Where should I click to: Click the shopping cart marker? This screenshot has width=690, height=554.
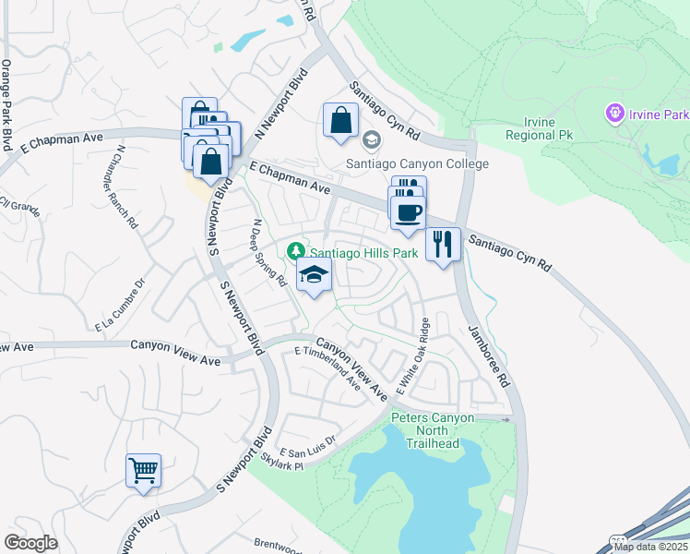(143, 471)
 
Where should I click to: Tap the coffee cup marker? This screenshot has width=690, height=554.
(407, 212)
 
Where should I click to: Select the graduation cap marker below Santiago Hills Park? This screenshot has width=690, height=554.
(314, 276)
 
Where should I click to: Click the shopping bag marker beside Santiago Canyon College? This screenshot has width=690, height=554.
(340, 121)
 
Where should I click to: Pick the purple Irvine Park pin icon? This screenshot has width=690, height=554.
(613, 114)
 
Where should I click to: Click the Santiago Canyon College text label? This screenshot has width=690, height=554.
(417, 163)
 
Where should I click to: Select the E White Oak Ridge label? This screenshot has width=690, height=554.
(414, 356)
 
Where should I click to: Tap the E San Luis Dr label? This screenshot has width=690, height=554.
(312, 448)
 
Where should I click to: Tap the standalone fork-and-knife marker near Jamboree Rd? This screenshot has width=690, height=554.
(443, 245)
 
